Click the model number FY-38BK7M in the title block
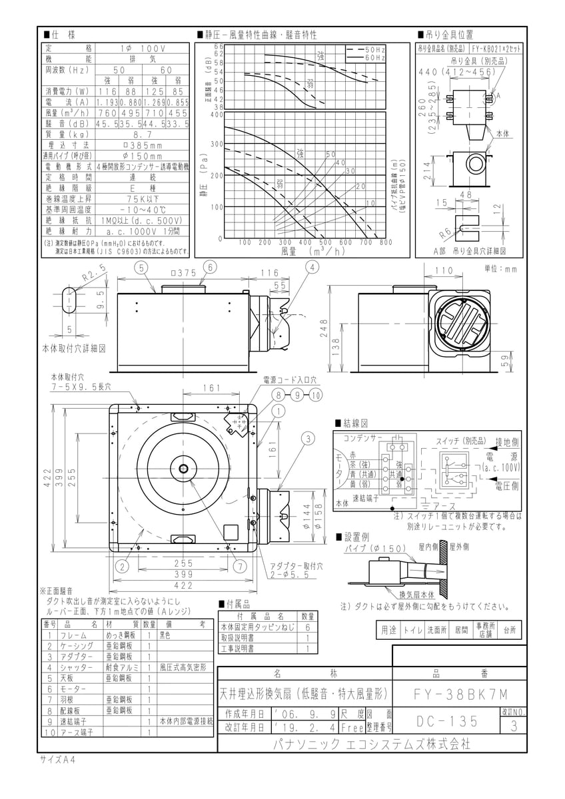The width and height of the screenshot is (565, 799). click(x=458, y=692)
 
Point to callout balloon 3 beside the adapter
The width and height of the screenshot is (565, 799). click(x=308, y=438)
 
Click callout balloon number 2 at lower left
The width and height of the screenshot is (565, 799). click(x=122, y=567)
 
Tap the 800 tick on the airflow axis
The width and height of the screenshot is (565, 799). click(x=384, y=242)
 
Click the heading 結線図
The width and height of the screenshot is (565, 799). click(x=355, y=423)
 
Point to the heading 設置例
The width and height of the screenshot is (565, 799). click(x=355, y=537)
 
